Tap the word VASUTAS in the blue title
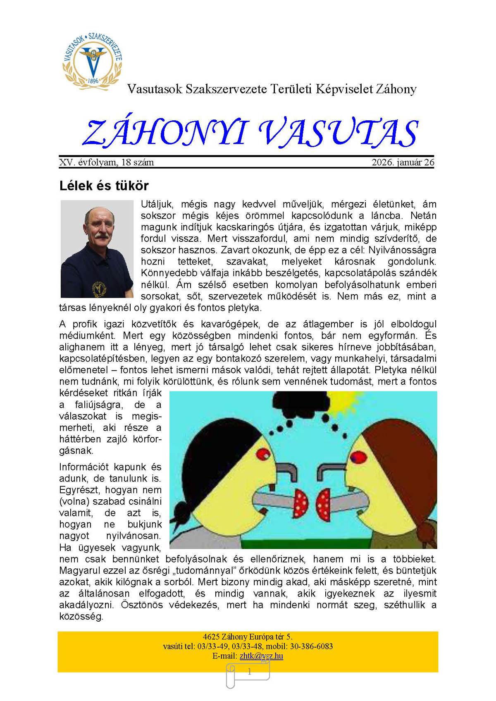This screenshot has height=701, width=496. tap(338, 133)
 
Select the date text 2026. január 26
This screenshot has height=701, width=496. tap(403, 162)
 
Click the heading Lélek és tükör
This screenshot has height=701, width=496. tap(104, 186)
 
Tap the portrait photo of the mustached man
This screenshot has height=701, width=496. tap(97, 249)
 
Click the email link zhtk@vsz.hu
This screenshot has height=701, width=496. tap(261, 656)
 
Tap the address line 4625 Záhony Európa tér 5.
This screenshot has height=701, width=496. tap(248, 637)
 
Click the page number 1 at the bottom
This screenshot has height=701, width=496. tap(249, 672)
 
